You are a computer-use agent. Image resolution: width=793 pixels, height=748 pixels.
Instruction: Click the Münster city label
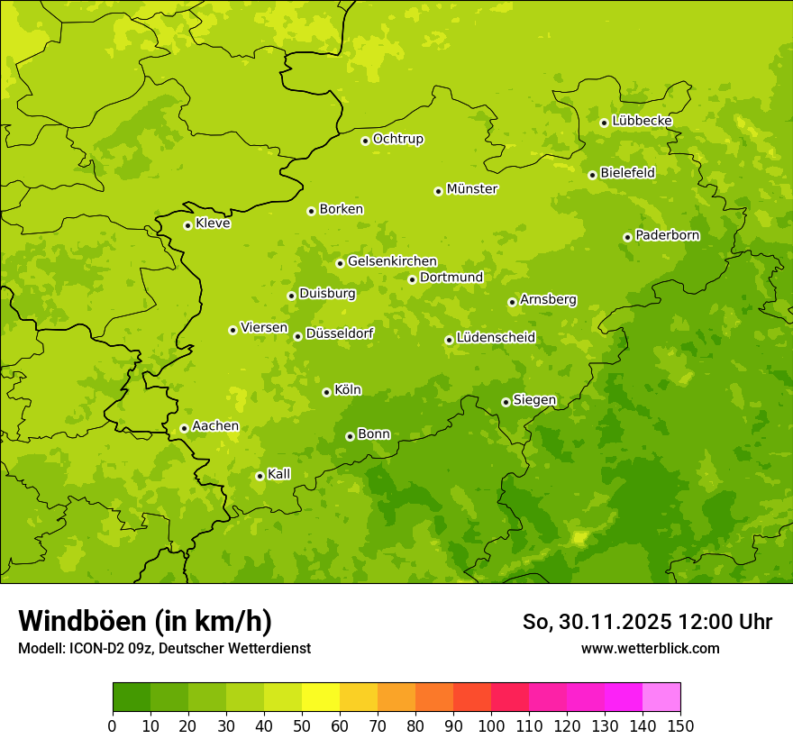(x=471, y=189)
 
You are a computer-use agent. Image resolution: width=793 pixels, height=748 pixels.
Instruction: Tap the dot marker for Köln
(x=326, y=392)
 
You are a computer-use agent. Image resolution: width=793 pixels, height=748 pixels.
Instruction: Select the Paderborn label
(x=667, y=235)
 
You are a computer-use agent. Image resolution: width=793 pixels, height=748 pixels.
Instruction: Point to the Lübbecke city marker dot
(x=604, y=123)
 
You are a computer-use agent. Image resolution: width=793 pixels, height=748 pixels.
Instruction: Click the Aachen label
(x=215, y=426)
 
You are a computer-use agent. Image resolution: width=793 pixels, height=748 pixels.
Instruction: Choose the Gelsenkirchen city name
(x=392, y=261)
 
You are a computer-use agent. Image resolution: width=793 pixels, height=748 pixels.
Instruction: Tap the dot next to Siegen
(x=506, y=402)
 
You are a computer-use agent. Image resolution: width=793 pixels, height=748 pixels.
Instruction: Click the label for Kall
(x=279, y=474)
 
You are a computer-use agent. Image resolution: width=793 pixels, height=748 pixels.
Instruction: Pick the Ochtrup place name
(x=397, y=139)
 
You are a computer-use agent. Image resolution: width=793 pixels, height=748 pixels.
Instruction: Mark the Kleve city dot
(x=187, y=225)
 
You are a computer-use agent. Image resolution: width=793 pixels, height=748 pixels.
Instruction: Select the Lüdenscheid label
(x=496, y=338)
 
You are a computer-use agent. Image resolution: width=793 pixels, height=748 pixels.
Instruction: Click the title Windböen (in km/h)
(x=145, y=621)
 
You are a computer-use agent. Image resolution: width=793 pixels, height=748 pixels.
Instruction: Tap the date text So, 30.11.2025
(x=597, y=622)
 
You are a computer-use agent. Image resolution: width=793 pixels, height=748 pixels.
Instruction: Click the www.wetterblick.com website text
(x=650, y=648)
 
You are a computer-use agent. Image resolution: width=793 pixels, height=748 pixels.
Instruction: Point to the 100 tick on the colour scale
(x=491, y=725)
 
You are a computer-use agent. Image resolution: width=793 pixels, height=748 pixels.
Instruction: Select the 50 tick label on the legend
(x=302, y=725)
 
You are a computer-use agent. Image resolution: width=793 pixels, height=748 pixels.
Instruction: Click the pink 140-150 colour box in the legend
(x=661, y=698)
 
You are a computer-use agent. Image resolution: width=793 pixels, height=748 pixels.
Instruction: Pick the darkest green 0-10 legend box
(x=132, y=698)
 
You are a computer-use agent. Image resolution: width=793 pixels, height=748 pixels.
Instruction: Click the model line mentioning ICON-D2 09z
(x=164, y=648)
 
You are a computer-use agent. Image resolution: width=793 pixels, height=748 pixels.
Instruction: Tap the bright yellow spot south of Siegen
(x=579, y=538)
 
